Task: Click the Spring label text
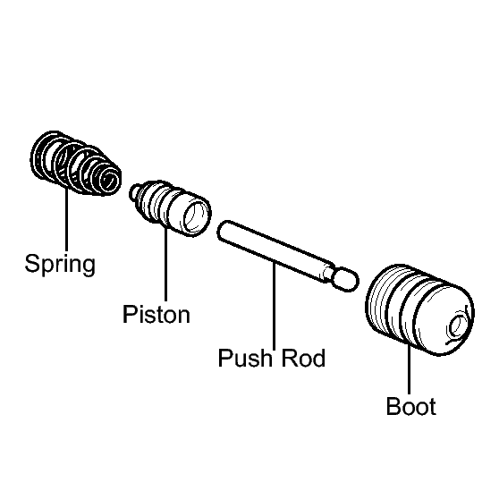pyautogui.click(x=60, y=265)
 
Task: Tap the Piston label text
pyautogui.click(x=156, y=314)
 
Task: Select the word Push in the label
pyautogui.click(x=245, y=358)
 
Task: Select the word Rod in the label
pyautogui.click(x=303, y=358)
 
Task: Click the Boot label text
pyautogui.click(x=410, y=406)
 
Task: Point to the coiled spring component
pyautogui.click(x=75, y=163)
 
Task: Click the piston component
pyautogui.click(x=170, y=207)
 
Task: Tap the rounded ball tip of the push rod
pyautogui.click(x=346, y=280)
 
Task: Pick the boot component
pyautogui.click(x=419, y=309)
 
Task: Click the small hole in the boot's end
pyautogui.click(x=456, y=326)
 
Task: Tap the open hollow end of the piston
pyautogui.click(x=196, y=218)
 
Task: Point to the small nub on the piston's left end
pyautogui.click(x=135, y=191)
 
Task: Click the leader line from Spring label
pyautogui.click(x=66, y=220)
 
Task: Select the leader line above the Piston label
pyautogui.click(x=165, y=264)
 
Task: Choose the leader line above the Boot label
pyautogui.click(x=410, y=369)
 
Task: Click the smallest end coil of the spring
pyautogui.click(x=109, y=180)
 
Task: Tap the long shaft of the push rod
pyautogui.click(x=274, y=250)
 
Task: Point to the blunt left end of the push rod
pyautogui.click(x=222, y=230)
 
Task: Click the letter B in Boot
pyautogui.click(x=393, y=406)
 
